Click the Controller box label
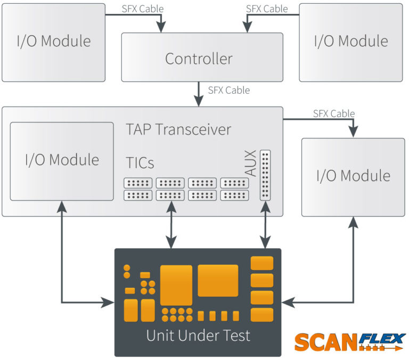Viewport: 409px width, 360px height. [199, 59]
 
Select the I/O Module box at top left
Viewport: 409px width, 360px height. [53, 42]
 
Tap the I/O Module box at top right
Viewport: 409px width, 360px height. [351, 42]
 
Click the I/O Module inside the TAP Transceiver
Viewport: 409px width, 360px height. [62, 160]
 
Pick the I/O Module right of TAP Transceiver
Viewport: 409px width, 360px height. [353, 177]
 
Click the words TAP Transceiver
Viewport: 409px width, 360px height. [178, 129]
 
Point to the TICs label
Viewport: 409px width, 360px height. [140, 162]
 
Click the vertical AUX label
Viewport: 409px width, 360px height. [250, 163]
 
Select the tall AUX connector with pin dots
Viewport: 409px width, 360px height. [265, 175]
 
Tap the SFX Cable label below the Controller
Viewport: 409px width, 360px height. [229, 90]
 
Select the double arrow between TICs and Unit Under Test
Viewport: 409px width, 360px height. [170, 228]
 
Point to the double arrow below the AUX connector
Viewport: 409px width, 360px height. [265, 228]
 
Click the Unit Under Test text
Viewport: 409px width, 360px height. [198, 336]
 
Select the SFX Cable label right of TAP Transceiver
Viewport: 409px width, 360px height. [334, 113]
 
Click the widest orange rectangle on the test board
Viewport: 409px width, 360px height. [218, 280]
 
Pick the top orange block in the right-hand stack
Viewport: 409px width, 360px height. [262, 263]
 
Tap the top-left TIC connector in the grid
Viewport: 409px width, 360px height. [138, 183]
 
